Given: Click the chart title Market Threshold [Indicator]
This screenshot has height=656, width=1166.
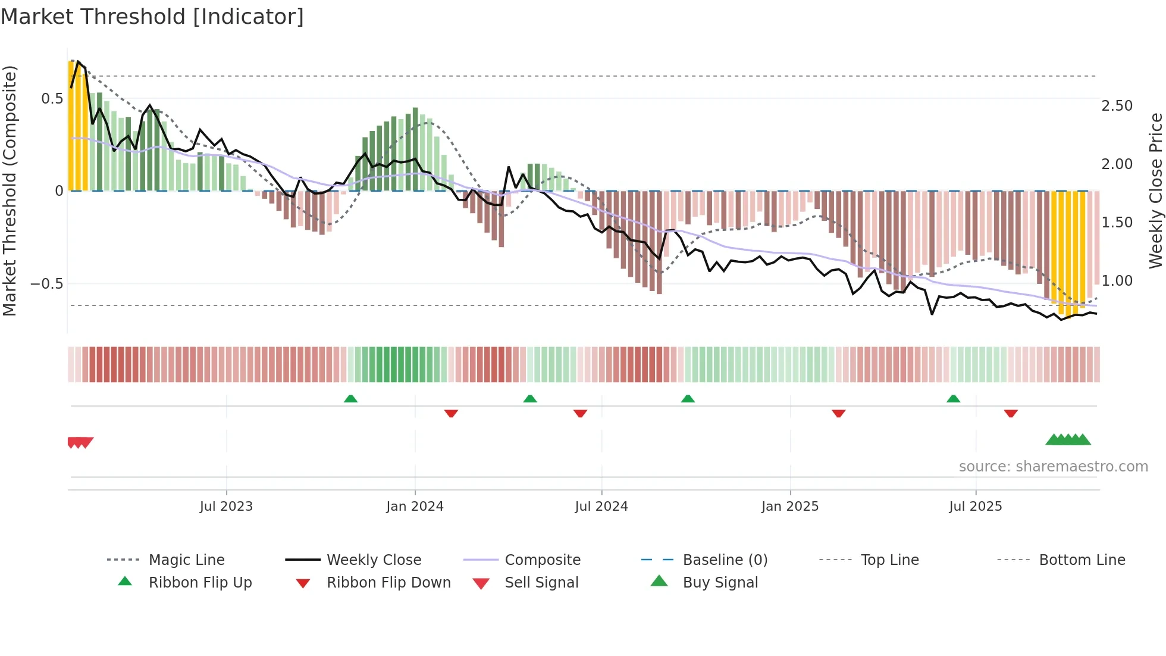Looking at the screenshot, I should [152, 17].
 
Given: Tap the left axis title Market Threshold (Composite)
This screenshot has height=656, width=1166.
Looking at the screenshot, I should [10, 190].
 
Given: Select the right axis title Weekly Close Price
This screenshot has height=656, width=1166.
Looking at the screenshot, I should [1155, 190].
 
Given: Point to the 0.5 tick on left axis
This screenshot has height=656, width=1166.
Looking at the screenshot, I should [52, 99].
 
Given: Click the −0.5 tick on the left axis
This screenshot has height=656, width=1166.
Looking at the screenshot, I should [47, 284].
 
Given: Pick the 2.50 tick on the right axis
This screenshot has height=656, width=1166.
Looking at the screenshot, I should [1117, 106].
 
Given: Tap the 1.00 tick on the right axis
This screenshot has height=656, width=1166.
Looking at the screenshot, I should [1117, 281].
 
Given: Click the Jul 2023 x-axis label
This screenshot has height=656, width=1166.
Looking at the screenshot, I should [226, 507].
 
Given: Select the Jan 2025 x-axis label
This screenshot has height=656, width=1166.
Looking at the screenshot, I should [790, 507].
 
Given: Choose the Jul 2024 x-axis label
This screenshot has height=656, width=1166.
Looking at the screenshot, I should [601, 507].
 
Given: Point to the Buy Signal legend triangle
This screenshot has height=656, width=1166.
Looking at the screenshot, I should [659, 582].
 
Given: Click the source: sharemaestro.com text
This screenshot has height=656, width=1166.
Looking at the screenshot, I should [1053, 467].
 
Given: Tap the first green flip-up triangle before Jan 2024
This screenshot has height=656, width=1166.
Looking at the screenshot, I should [350, 399].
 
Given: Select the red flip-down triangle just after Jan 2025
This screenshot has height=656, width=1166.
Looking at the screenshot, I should [839, 413].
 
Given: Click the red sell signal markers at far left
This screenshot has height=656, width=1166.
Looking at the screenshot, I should [80, 442].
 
